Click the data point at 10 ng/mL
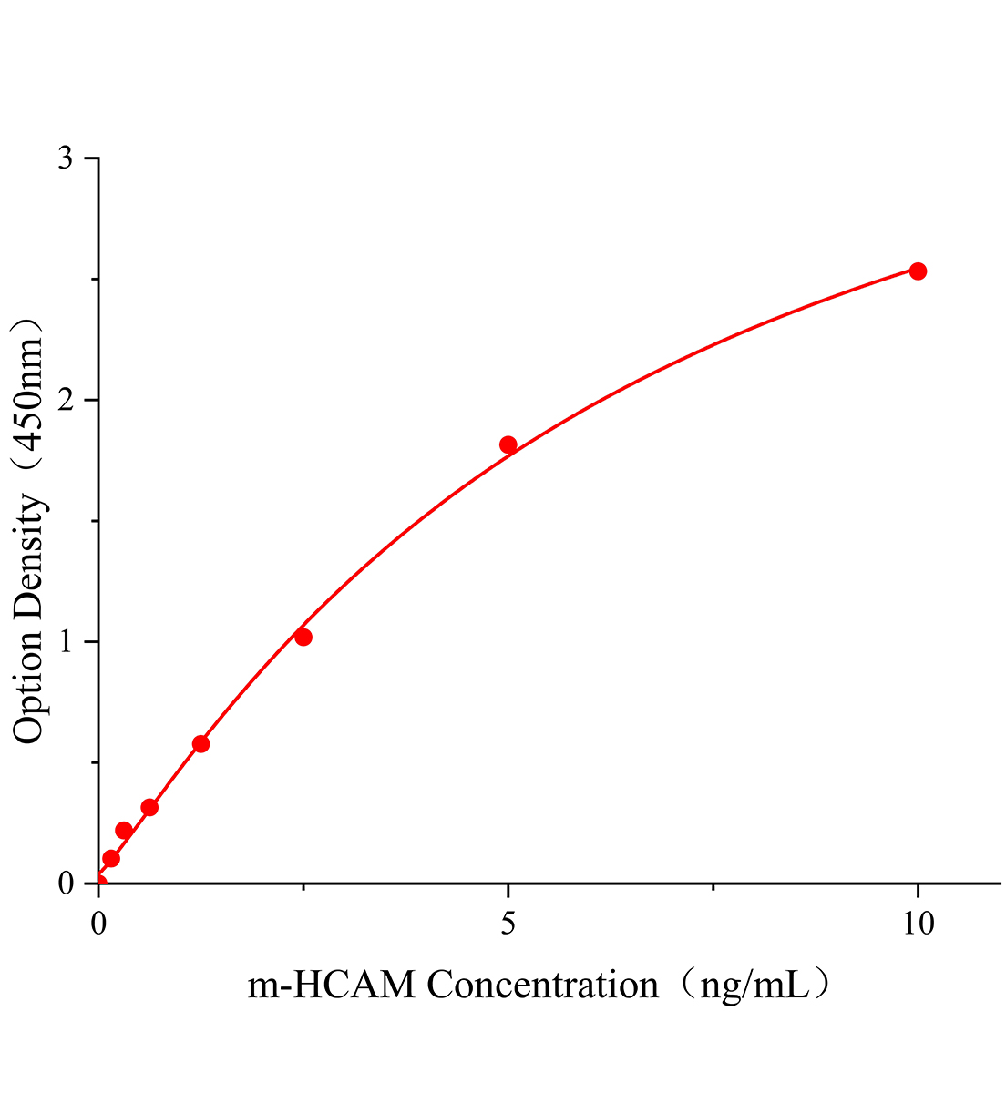[x=918, y=271]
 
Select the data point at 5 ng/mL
[x=508, y=444]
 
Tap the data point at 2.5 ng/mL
[x=303, y=637]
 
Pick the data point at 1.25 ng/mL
[x=200, y=743]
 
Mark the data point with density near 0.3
[x=149, y=807]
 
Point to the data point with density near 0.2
[x=124, y=830]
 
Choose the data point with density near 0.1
[x=111, y=858]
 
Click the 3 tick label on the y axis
[x=66, y=159]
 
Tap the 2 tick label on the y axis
[x=66, y=401]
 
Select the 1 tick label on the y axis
[x=66, y=642]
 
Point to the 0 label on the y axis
[x=66, y=884]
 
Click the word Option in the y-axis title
[x=29, y=687]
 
